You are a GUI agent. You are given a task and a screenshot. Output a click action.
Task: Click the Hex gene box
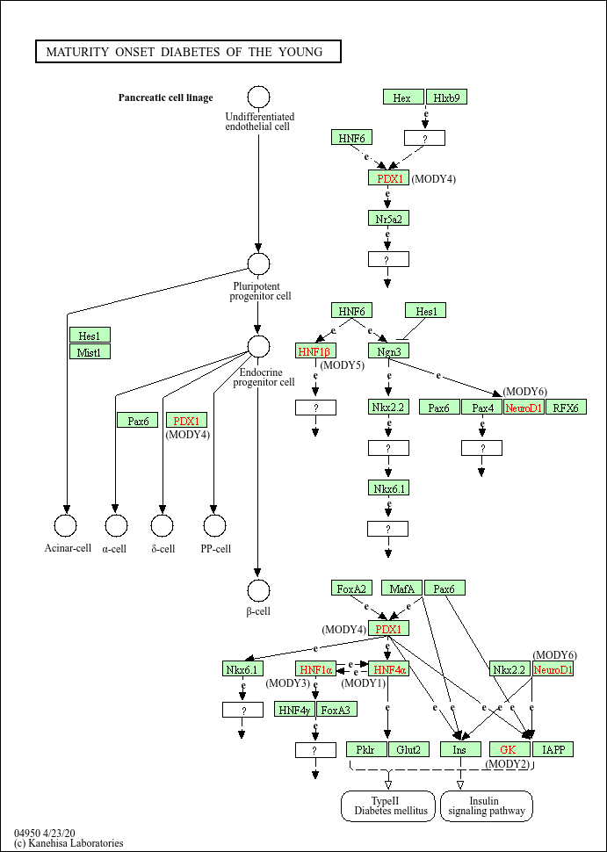(403, 97)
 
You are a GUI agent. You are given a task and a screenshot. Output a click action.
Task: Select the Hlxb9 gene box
(446, 97)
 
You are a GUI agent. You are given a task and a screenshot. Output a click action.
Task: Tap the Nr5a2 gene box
(388, 218)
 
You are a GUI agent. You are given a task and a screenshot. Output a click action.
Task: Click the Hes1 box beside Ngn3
(426, 310)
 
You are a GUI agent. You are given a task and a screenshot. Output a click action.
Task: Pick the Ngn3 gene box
(388, 351)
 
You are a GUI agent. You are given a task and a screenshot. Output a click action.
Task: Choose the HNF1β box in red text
(316, 351)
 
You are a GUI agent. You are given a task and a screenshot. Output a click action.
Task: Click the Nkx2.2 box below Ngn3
(388, 407)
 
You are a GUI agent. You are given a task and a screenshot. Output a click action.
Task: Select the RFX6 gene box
(566, 407)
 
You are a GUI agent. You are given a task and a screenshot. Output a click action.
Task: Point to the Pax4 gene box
(481, 407)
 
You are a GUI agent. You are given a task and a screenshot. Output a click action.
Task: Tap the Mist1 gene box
(90, 352)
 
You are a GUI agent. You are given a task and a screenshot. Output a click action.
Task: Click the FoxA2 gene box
(352, 588)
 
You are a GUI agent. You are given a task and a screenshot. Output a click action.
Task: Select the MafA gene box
(402, 588)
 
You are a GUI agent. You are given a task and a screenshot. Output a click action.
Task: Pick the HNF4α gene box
(388, 669)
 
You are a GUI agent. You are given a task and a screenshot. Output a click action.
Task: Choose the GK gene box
(509, 749)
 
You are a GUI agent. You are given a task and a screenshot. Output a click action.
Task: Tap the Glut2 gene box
(408, 749)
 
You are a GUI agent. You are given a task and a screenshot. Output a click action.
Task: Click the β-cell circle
(258, 591)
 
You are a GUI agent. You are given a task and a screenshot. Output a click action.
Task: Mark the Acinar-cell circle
(66, 525)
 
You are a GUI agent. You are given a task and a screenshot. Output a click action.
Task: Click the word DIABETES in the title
(190, 52)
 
